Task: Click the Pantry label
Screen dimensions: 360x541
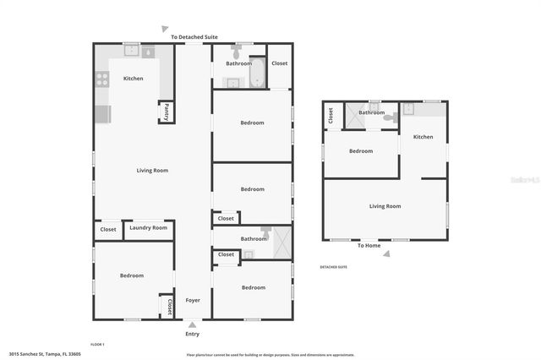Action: [167, 112]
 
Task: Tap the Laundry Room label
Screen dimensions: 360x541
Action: [148, 228]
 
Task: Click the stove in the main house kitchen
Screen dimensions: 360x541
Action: [101, 79]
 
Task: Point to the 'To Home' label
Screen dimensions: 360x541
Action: [369, 246]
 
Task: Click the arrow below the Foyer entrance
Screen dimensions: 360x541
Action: [193, 324]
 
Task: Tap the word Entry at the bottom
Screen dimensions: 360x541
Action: [193, 334]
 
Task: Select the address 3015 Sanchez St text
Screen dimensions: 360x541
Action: [42, 354]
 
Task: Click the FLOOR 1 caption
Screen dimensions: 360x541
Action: [98, 345]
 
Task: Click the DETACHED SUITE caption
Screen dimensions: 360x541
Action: [333, 267]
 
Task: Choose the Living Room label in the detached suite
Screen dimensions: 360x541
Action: [385, 206]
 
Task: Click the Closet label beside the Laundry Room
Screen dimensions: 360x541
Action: [108, 229]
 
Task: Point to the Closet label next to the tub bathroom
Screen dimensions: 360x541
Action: [279, 63]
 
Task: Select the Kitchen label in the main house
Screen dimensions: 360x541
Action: [134, 79]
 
